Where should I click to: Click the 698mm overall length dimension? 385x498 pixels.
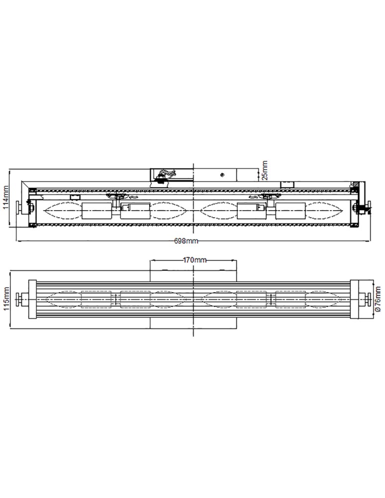click(186, 241)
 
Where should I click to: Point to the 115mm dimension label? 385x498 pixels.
click(6, 299)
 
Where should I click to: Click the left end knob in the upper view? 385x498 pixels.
click(21, 208)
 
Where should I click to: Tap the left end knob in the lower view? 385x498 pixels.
click(21, 299)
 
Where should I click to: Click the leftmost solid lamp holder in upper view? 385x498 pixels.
click(96, 211)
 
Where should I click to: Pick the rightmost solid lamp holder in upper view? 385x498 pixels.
click(290, 211)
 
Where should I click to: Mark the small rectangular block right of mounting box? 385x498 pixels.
click(288, 185)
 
